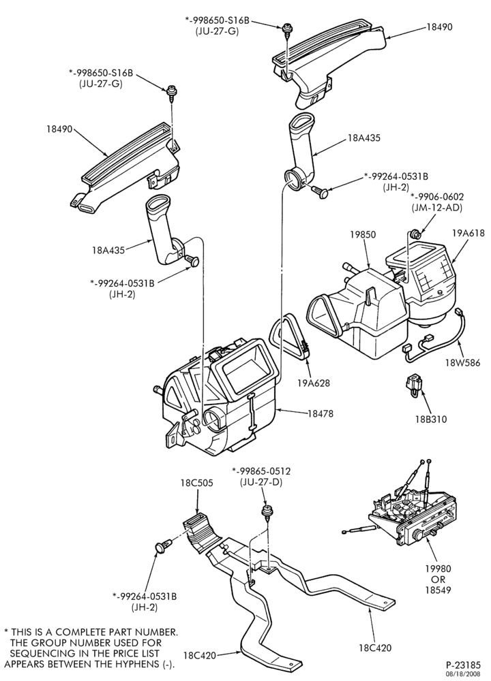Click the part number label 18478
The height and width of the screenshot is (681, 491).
pyautogui.click(x=321, y=414)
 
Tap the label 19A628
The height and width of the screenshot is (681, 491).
pyautogui.click(x=314, y=383)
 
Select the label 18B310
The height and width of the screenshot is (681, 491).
pyautogui.click(x=430, y=419)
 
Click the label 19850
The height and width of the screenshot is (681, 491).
pyautogui.click(x=363, y=234)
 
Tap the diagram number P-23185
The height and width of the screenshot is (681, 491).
pyautogui.click(x=463, y=665)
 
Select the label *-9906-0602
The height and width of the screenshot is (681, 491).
pyautogui.click(x=437, y=197)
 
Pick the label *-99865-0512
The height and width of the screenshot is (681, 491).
pyautogui.click(x=261, y=471)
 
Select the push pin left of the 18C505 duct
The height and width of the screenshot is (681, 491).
pyautogui.click(x=162, y=548)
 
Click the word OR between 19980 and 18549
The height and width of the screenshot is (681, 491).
pyautogui.click(x=438, y=580)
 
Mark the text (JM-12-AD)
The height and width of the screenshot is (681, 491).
pyautogui.click(x=437, y=208)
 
